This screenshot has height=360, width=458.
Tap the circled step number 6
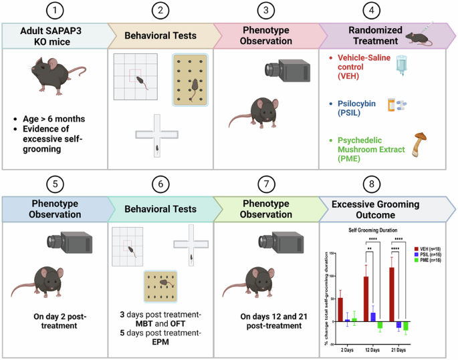click(x=161, y=184)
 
